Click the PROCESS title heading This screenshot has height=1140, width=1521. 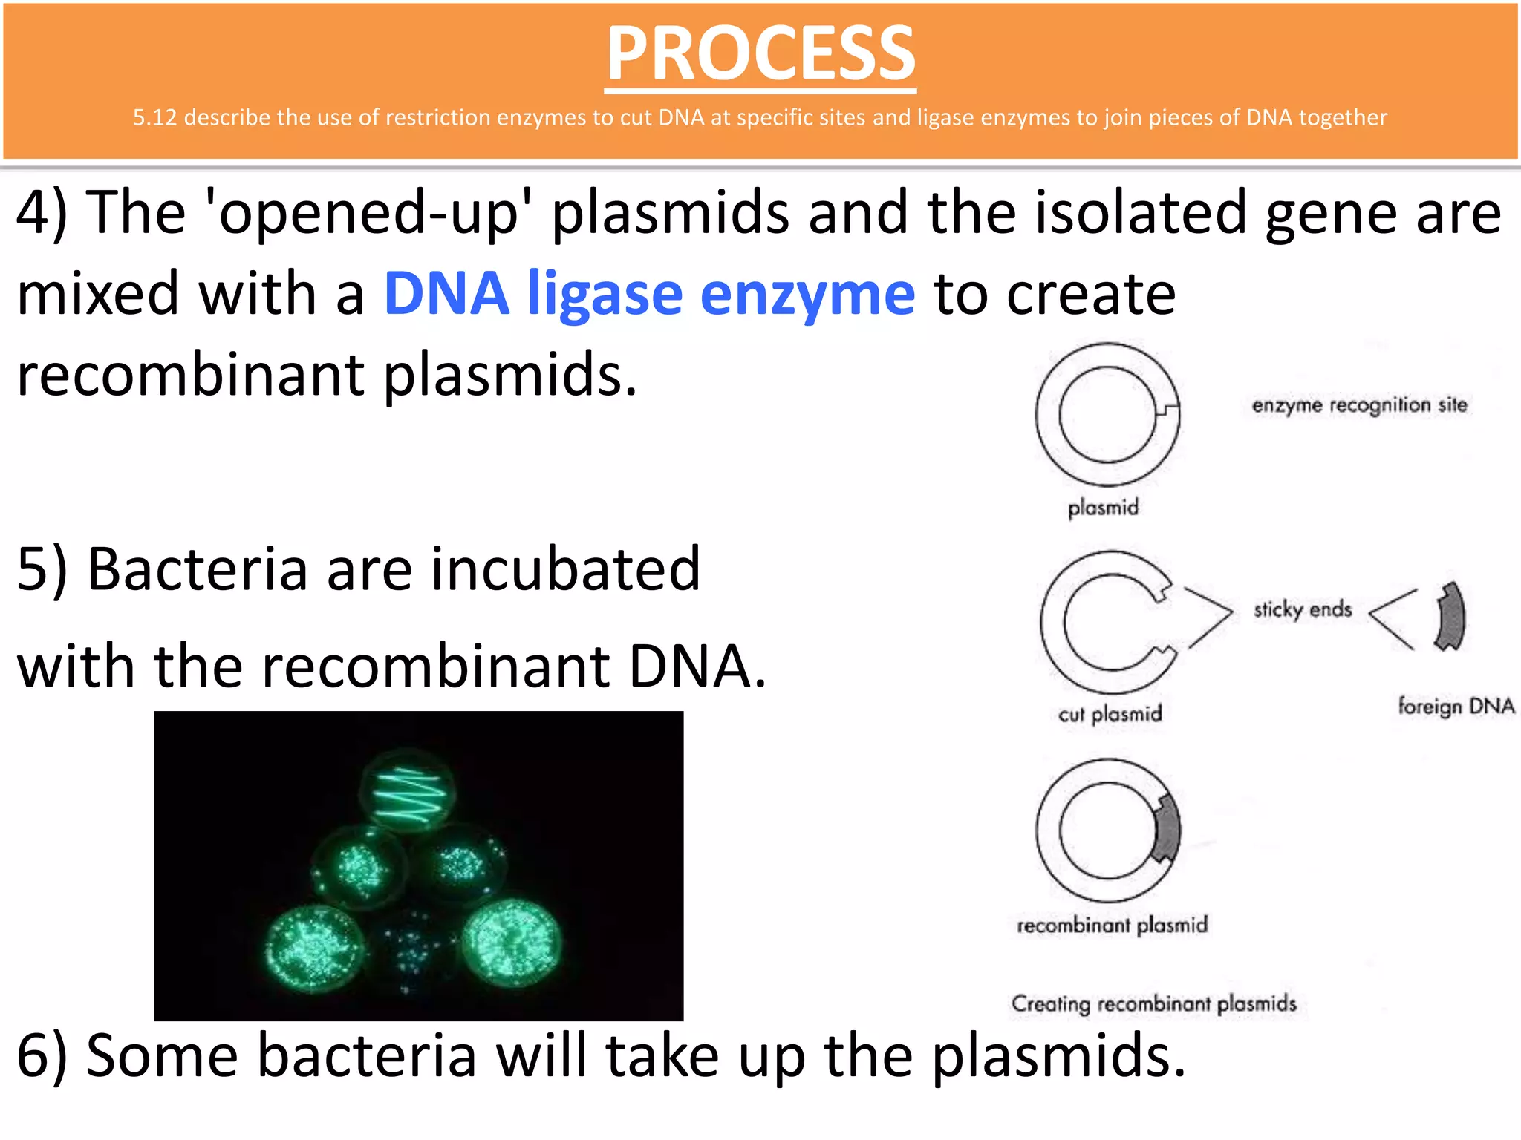[760, 53]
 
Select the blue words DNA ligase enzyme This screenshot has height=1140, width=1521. [649, 294]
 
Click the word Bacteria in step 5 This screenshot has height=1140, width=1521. [197, 570]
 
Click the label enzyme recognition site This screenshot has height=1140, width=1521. [1359, 405]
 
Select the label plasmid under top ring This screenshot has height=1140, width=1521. [1103, 508]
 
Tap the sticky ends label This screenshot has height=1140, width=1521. [1303, 609]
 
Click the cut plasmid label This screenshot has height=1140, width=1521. [1110, 714]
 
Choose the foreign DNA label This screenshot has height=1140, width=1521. [1456, 706]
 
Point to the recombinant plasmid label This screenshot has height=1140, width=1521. [1112, 925]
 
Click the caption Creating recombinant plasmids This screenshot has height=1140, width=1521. [1153, 1003]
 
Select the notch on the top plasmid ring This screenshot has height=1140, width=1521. [1169, 410]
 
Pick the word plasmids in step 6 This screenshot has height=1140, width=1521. [1058, 1055]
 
